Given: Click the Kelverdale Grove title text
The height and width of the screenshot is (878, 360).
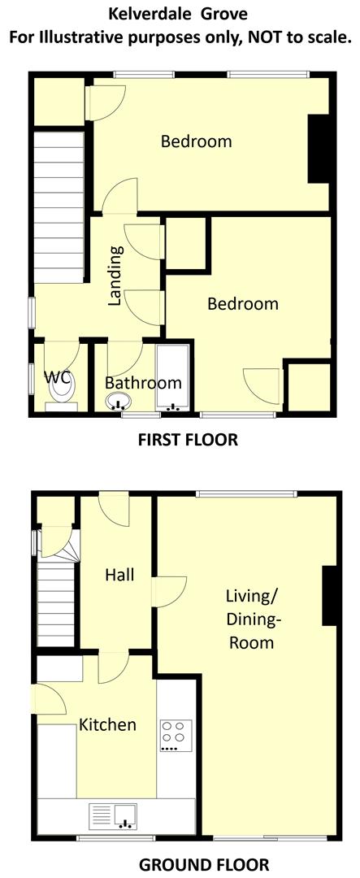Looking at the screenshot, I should click(180, 14).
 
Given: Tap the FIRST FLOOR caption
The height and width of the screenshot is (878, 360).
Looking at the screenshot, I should click(188, 440).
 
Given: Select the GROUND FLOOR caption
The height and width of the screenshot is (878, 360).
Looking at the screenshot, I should click(204, 864).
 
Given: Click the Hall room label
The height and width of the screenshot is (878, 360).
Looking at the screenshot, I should click(119, 575).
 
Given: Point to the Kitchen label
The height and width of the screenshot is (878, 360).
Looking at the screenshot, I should click(106, 724).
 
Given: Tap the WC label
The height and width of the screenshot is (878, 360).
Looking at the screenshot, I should click(57, 377).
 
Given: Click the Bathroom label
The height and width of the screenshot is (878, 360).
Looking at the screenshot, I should click(143, 383).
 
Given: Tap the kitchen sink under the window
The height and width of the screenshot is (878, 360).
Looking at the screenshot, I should click(114, 815).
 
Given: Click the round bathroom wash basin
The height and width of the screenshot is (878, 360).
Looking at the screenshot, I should click(119, 402).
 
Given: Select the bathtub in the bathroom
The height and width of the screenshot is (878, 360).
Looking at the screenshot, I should click(173, 379).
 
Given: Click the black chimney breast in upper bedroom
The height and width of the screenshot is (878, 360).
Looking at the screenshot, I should click(319, 149).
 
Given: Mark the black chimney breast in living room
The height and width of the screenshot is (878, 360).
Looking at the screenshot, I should click(329, 596).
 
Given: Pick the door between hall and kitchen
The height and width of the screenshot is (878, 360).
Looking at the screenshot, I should click(111, 669).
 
